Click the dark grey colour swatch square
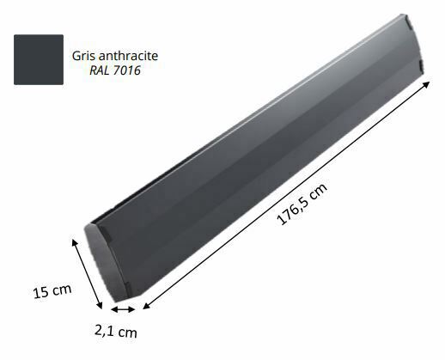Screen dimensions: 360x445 tap(39, 59)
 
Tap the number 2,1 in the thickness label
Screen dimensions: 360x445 tap(107, 329)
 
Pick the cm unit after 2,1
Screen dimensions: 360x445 tap(128, 332)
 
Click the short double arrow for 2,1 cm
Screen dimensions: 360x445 tap(121, 310)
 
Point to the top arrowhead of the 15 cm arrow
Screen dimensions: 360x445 tap(76, 242)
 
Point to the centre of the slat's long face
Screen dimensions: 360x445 tap(258, 155)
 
